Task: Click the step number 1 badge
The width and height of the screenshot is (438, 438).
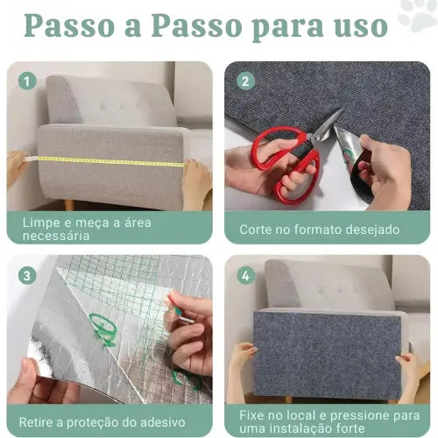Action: (27, 81)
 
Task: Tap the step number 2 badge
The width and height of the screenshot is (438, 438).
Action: (245, 81)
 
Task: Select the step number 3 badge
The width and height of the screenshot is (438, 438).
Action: (27, 275)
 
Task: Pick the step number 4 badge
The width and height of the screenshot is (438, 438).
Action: (245, 275)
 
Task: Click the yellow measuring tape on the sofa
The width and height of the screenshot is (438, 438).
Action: (108, 160)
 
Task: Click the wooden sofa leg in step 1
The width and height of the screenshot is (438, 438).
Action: (69, 204)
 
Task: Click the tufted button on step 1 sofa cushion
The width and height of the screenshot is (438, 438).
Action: (102, 107)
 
